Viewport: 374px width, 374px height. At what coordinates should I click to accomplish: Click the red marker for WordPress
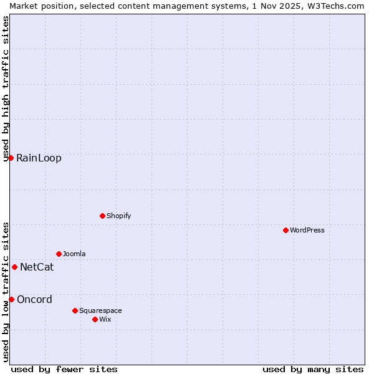pos(285,230)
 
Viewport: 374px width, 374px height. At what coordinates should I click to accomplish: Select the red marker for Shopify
pos(102,216)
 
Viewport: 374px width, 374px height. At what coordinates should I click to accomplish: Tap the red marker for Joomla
pos(59,254)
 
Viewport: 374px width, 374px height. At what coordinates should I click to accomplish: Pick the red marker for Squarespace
pos(75,310)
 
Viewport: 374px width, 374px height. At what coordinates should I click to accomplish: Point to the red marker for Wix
pos(95,319)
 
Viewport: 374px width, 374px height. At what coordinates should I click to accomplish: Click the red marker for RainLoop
pos(11,158)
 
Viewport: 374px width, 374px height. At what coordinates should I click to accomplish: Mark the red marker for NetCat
pos(14,267)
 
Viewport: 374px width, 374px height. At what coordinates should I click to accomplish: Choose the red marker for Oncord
pos(11,299)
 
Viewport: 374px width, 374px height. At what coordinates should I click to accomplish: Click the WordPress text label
pos(307,230)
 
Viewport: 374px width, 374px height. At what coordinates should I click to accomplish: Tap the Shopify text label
pos(118,216)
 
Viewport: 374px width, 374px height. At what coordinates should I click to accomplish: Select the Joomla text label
pos(74,254)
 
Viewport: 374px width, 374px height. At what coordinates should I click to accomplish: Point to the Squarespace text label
pos(100,310)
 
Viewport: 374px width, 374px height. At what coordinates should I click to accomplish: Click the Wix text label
pos(105,319)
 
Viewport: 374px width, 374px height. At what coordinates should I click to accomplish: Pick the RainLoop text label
pos(39,158)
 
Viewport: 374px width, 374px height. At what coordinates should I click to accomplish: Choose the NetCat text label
pos(37,267)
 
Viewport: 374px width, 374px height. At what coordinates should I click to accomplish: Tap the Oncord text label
pos(34,299)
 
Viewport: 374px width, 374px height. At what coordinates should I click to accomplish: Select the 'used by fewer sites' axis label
pos(64,369)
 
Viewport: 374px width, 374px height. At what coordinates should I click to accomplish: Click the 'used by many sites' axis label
pos(313,369)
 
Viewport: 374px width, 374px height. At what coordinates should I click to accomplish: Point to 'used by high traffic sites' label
pos(6,89)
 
